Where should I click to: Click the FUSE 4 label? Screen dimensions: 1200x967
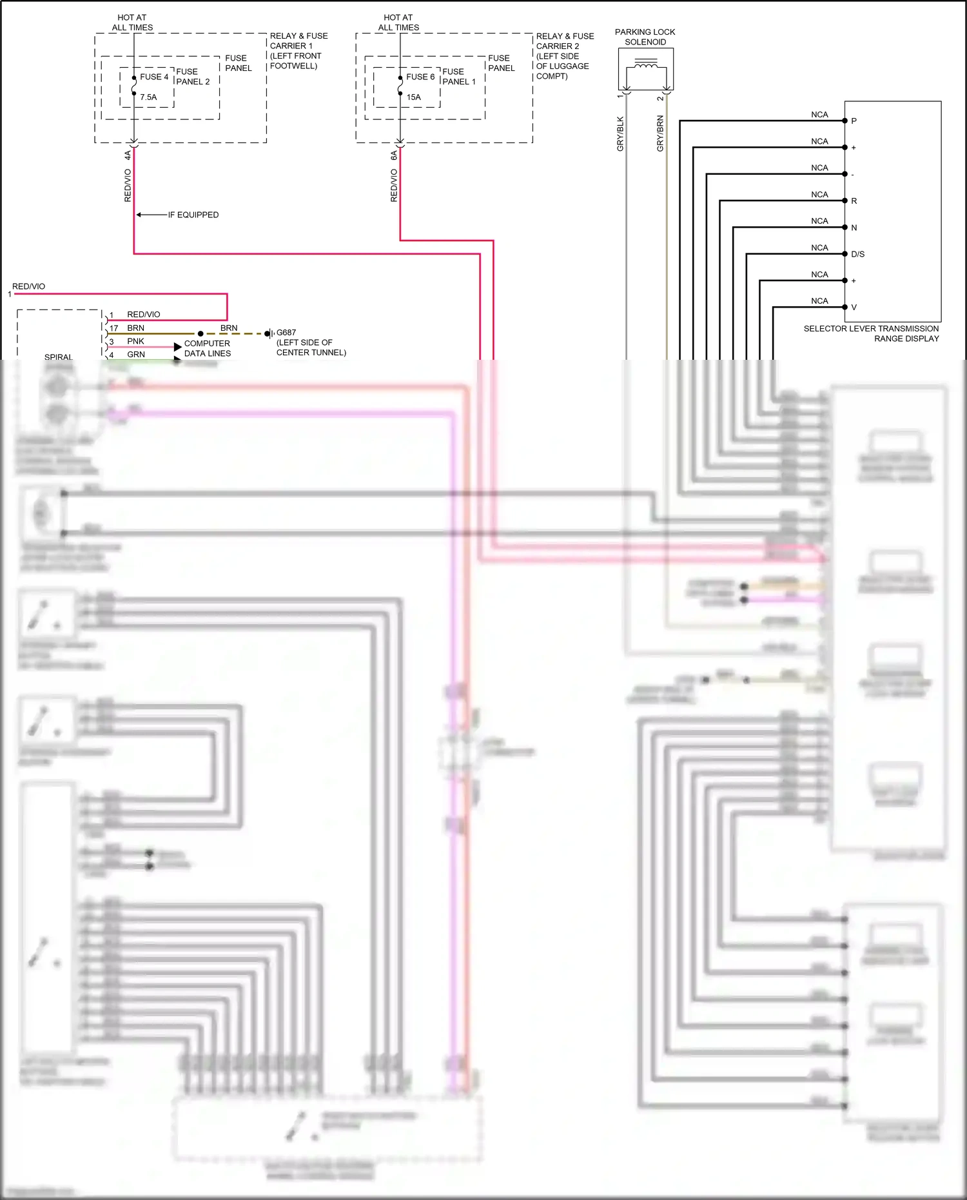pyautogui.click(x=154, y=77)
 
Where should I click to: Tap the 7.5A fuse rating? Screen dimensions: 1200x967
pyautogui.click(x=148, y=97)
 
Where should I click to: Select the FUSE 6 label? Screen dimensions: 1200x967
pyautogui.click(x=420, y=77)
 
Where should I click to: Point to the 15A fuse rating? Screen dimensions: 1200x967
pyautogui.click(x=413, y=97)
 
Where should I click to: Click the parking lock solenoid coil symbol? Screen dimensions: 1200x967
pyautogui.click(x=646, y=64)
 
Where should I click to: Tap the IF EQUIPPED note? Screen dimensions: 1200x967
pyautogui.click(x=193, y=215)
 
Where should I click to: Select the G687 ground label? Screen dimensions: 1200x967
pyautogui.click(x=286, y=333)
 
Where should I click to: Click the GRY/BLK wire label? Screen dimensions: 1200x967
pyautogui.click(x=620, y=134)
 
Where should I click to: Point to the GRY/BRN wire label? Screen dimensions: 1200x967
pyautogui.click(x=660, y=133)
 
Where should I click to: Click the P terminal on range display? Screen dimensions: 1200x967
pyautogui.click(x=854, y=121)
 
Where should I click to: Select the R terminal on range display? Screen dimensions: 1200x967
pyautogui.click(x=854, y=201)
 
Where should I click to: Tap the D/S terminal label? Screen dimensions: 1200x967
pyautogui.click(x=857, y=254)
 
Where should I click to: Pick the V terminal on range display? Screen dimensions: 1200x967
pyautogui.click(x=854, y=308)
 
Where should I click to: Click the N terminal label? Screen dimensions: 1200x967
pyautogui.click(x=854, y=228)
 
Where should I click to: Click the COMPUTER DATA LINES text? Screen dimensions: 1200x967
pyautogui.click(x=207, y=348)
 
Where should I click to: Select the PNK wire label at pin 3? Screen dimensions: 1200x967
pyautogui.click(x=135, y=341)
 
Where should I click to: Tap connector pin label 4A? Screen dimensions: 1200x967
pyautogui.click(x=128, y=155)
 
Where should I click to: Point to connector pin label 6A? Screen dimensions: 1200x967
pyautogui.click(x=394, y=155)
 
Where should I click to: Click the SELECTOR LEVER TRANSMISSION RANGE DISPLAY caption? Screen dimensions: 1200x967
pyautogui.click(x=871, y=333)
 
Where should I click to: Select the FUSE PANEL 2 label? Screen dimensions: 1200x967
pyautogui.click(x=193, y=77)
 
